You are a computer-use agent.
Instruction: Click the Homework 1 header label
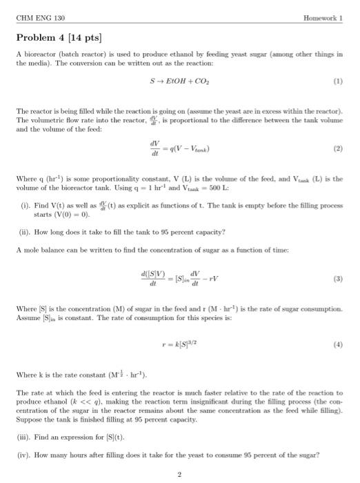[x=322, y=17]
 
